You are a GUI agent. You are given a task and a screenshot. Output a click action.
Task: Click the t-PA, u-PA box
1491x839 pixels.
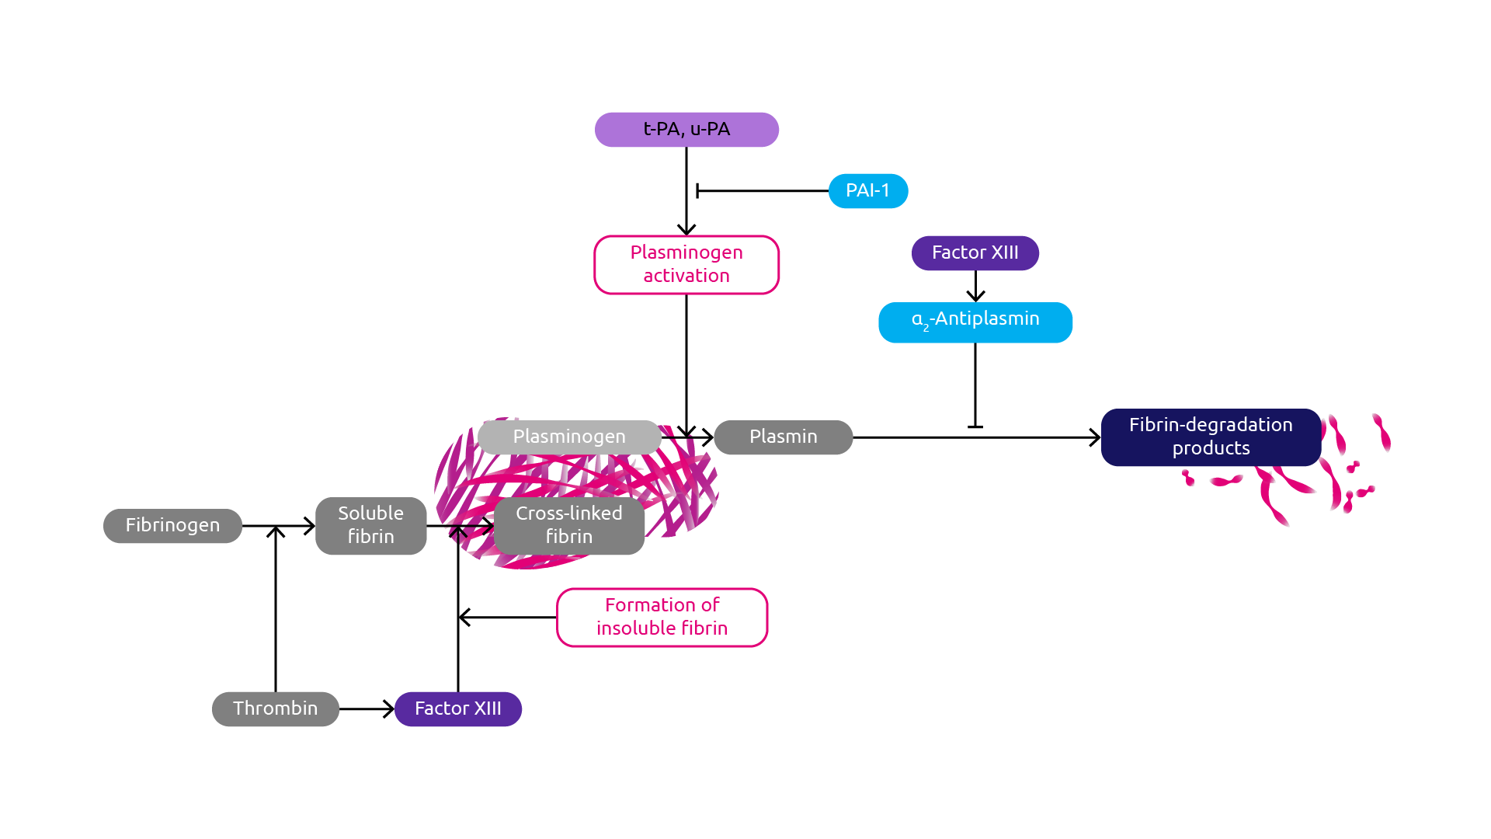point(686,130)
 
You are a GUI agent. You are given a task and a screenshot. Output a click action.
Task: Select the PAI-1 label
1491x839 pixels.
point(867,191)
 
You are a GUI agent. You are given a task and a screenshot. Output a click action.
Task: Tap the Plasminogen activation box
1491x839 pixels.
point(686,265)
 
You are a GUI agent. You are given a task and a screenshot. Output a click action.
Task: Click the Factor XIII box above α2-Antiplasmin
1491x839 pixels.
point(975,253)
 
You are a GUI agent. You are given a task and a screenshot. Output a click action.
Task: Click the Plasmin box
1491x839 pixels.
point(783,437)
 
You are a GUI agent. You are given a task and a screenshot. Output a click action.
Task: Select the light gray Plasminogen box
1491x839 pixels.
point(568,437)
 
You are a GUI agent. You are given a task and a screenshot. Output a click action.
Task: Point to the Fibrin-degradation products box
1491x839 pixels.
point(1210,437)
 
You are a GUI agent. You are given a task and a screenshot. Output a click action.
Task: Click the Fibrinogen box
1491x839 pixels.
point(172,526)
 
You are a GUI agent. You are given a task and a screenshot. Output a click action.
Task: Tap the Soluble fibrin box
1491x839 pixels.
point(370,526)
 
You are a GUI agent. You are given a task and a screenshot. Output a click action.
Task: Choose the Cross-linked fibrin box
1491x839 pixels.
point(568,526)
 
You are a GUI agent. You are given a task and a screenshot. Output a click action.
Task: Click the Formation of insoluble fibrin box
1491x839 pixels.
point(662,618)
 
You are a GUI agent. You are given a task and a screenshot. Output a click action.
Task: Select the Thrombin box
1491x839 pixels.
point(275,709)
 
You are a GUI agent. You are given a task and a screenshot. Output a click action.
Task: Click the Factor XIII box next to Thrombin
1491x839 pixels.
point(457,709)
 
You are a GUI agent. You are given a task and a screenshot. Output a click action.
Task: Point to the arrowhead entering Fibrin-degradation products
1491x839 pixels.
point(1096,437)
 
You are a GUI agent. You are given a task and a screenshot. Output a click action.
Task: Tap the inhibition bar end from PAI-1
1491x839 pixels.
point(698,191)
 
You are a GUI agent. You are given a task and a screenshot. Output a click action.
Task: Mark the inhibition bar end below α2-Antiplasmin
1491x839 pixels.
point(975,426)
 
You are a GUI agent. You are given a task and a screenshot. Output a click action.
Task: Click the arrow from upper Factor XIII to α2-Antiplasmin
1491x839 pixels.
point(975,287)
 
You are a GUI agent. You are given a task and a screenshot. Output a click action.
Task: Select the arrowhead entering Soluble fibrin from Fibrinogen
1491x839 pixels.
point(310,526)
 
